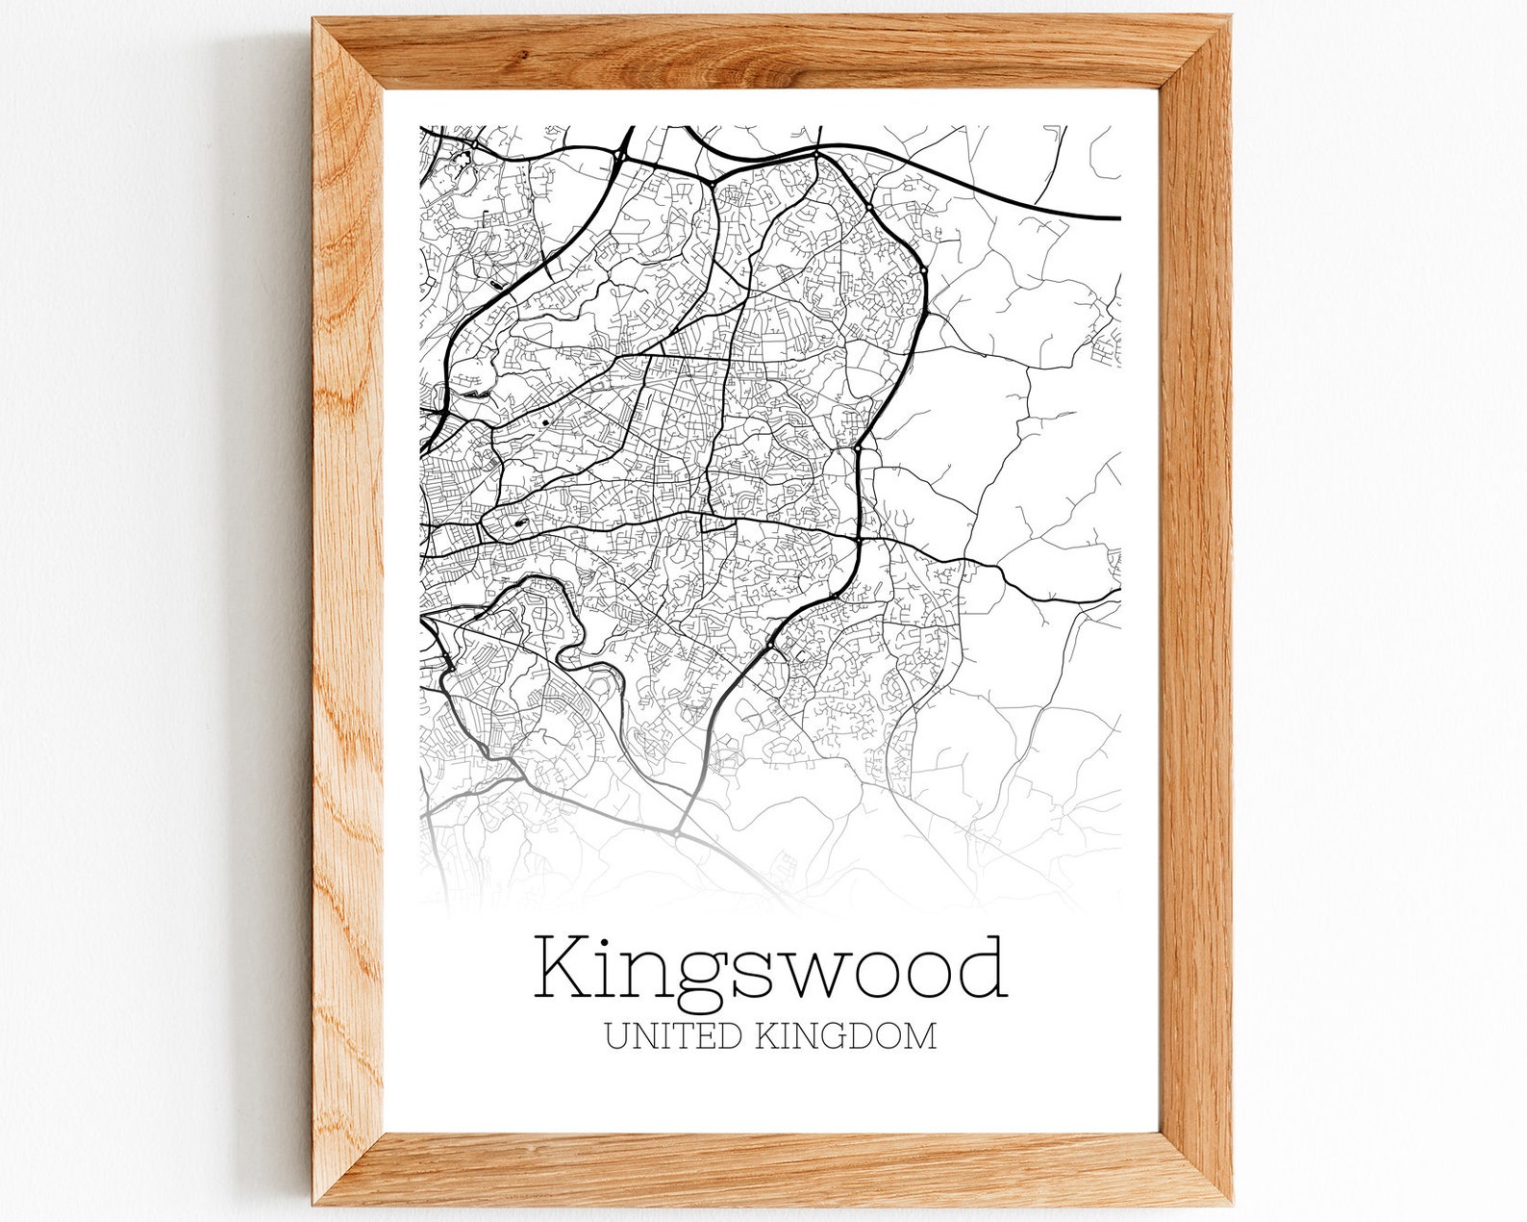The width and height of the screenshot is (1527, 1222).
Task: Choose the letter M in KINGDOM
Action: tap(919, 1036)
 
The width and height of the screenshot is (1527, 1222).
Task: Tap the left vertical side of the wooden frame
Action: tap(347, 616)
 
